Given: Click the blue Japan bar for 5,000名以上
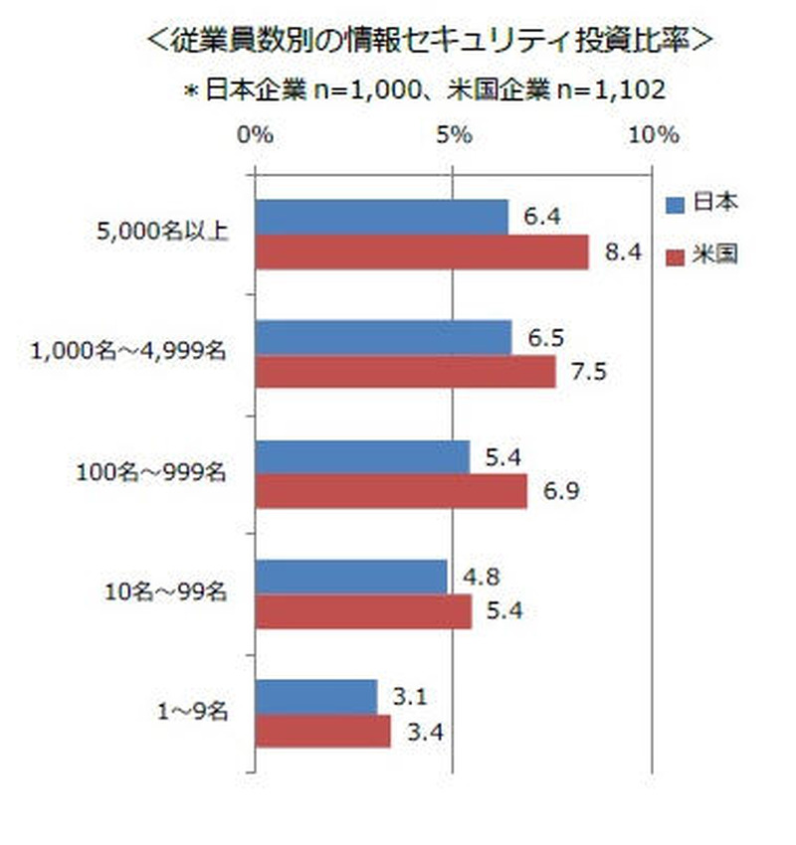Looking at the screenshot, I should (x=382, y=218).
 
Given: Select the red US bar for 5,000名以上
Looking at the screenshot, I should (x=422, y=253).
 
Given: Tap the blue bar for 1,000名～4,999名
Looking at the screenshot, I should (x=384, y=338).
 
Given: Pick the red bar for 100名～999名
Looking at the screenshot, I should (x=391, y=492).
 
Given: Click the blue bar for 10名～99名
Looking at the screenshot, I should (x=351, y=578).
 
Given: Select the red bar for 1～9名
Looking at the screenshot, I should (x=323, y=732).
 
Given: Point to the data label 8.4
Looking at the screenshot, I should (x=621, y=253).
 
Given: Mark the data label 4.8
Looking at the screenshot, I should (x=481, y=577).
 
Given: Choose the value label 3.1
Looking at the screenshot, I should (x=410, y=697).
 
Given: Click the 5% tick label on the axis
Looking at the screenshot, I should (x=454, y=136).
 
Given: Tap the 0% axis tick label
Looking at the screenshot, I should (x=257, y=136).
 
